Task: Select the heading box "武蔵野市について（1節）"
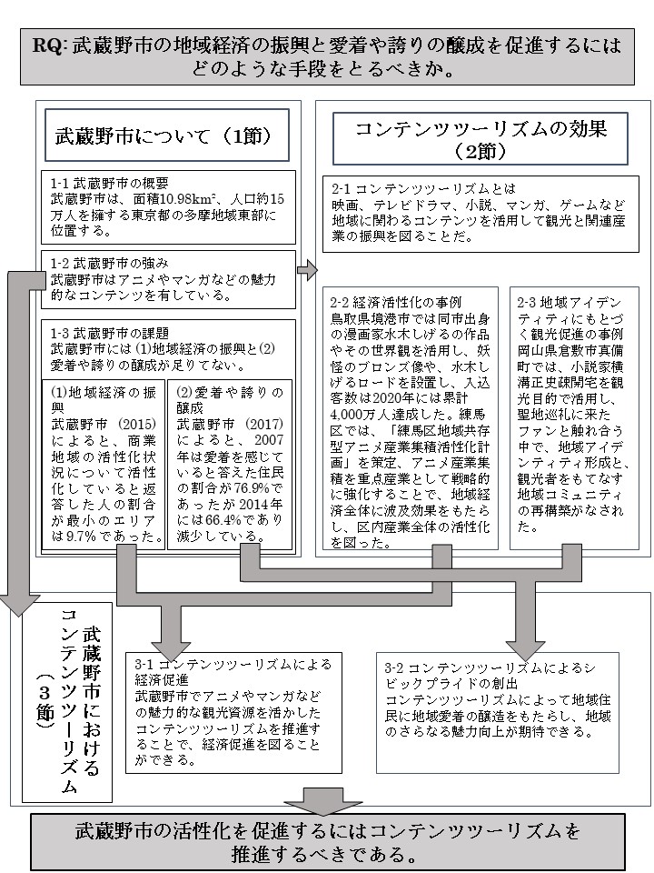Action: [165, 135]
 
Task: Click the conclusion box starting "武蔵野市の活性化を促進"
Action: [327, 843]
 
